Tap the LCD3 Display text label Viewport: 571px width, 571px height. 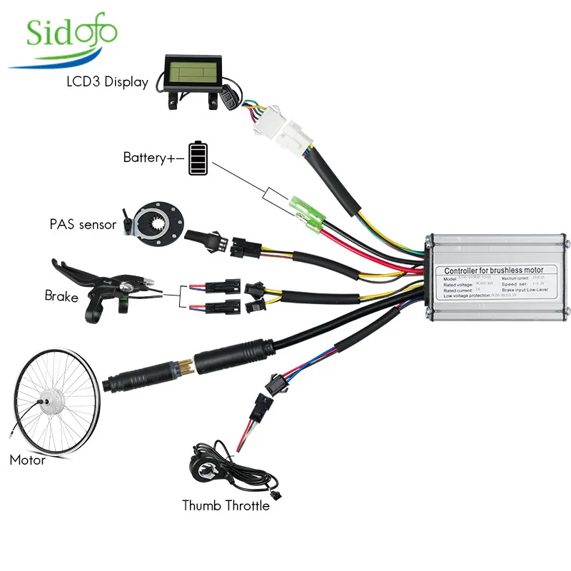108,81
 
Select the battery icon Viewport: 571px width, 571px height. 200,158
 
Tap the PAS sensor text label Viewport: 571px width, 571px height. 83,225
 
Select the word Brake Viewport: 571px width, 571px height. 61,295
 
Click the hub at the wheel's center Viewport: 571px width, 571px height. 48,405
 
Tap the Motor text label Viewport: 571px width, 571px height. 27,460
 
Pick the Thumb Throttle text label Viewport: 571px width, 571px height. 226,506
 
